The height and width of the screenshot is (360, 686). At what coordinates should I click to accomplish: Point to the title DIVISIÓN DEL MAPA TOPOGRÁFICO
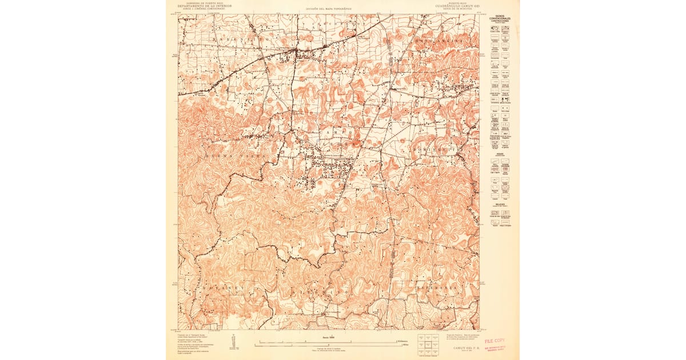[x=326, y=9]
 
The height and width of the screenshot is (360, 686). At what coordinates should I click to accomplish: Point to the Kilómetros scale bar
[x=329, y=341]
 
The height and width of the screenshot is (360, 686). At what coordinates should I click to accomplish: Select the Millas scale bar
[x=329, y=345]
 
